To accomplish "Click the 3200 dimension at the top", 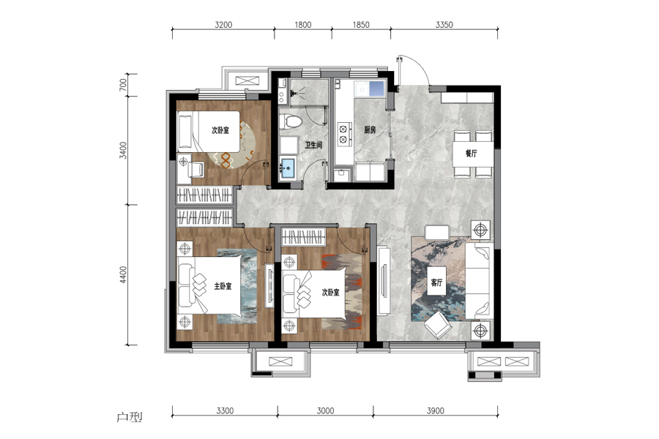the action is (x=223, y=25).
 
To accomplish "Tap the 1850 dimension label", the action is (x=361, y=25).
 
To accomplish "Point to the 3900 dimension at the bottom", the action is (x=436, y=410).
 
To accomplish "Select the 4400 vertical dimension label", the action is (x=123, y=275).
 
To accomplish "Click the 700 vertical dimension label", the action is (x=123, y=85).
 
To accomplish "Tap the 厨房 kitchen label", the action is (x=370, y=130).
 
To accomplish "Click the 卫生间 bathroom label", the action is (x=313, y=146).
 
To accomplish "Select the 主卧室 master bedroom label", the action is (x=223, y=286).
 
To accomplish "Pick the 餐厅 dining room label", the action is (x=471, y=154).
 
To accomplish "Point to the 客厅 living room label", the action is (x=436, y=282).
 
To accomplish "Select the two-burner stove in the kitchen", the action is (x=344, y=134).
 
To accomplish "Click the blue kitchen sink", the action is (x=376, y=89).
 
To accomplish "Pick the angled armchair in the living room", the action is (x=438, y=325).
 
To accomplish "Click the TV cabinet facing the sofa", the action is (x=384, y=280).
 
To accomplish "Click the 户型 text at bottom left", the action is (x=130, y=417).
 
